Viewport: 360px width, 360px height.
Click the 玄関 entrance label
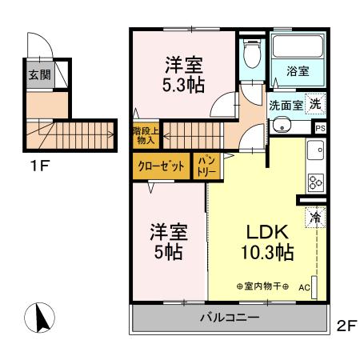(x=38, y=76)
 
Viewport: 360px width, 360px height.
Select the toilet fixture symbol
(x=252, y=55)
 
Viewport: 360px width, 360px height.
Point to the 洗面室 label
(x=283, y=105)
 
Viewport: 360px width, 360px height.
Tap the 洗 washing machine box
(x=316, y=103)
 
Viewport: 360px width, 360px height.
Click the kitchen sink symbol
(x=315, y=150)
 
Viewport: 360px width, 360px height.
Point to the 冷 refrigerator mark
(x=314, y=216)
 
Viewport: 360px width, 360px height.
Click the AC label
(x=304, y=286)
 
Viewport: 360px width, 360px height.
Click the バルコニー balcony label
(x=229, y=318)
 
